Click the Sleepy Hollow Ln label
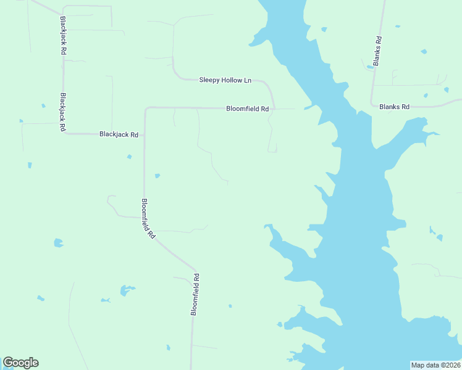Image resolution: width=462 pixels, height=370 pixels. click(225, 80)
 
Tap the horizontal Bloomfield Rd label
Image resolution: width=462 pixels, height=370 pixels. click(247, 109)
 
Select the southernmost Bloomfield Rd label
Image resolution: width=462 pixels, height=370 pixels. click(195, 295)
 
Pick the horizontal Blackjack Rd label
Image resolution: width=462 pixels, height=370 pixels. click(119, 134)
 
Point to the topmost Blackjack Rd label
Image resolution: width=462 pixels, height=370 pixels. click(63, 36)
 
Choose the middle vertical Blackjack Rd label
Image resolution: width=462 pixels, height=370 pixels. click(62, 112)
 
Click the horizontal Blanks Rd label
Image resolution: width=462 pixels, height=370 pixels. click(394, 107)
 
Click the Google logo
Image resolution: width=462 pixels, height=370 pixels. click(20, 363)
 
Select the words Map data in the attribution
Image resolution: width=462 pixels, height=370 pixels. click(426, 365)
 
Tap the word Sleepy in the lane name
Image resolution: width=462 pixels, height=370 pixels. click(209, 80)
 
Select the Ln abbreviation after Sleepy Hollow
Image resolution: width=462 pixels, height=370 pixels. click(247, 80)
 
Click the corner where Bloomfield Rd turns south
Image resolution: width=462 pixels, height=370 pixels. click(146, 109)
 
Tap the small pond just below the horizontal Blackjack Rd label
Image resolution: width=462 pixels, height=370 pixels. click(129, 157)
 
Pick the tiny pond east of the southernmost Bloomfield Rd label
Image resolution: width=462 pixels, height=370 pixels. click(230, 305)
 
